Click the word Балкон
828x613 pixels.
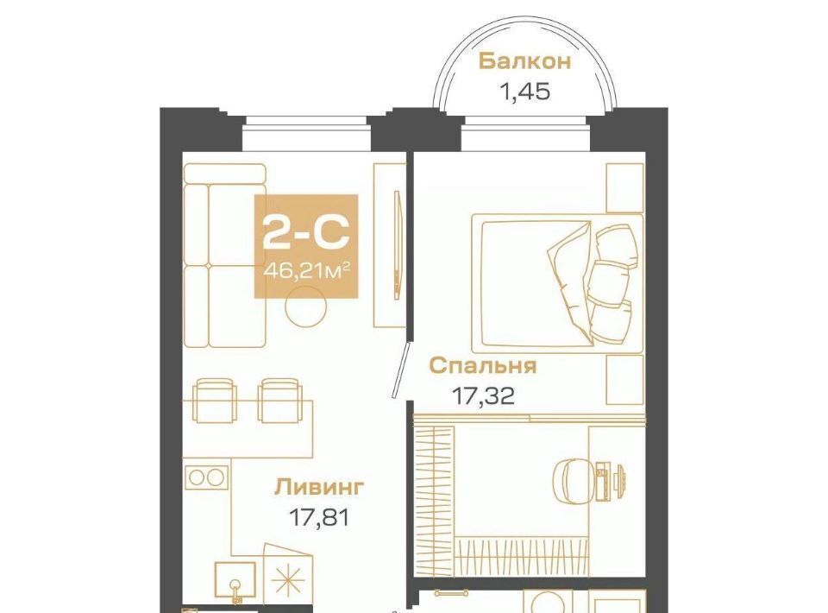click(524, 61)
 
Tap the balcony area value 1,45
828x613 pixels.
click(525, 92)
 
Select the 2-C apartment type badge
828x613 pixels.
click(306, 246)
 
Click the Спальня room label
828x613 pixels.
click(483, 365)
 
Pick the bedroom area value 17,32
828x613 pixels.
click(483, 395)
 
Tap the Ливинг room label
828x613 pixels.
click(319, 487)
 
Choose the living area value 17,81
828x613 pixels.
click(319, 517)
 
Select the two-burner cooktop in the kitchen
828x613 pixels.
click(207, 477)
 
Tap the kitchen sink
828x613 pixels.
click(235, 581)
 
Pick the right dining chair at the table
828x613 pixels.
click(279, 400)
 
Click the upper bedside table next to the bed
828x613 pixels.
click(625, 188)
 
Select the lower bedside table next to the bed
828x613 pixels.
click(625, 379)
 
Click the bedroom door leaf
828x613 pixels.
click(401, 370)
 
